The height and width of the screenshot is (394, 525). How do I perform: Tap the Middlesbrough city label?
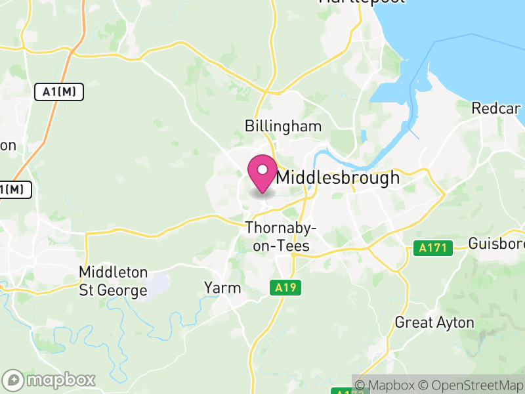pyautogui.click(x=337, y=177)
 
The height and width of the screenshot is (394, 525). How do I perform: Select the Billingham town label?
pyautogui.click(x=283, y=126)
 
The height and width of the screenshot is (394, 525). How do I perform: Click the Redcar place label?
pyautogui.click(x=496, y=108)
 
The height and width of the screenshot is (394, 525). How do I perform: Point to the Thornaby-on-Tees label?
pyautogui.click(x=281, y=236)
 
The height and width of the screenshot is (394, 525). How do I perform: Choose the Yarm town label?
pyautogui.click(x=222, y=288)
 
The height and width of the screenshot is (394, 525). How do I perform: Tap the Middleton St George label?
pyautogui.click(x=113, y=281)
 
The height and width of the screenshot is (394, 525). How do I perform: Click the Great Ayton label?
pyautogui.click(x=434, y=322)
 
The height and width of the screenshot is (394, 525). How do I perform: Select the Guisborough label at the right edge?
pyautogui.click(x=497, y=244)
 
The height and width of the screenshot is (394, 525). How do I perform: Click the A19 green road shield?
pyautogui.click(x=284, y=288)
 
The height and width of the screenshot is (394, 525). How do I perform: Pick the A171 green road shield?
pyautogui.click(x=434, y=248)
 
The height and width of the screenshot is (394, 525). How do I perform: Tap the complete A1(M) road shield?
pyautogui.click(x=59, y=93)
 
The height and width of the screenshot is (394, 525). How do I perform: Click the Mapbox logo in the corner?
pyautogui.click(x=50, y=380)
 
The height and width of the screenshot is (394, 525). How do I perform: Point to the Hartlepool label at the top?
pyautogui.click(x=351, y=2)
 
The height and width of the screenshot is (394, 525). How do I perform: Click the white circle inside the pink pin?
pyautogui.click(x=262, y=170)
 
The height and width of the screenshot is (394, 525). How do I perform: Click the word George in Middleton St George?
pyautogui.click(x=123, y=290)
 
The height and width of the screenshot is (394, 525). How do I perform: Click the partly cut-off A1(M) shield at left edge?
pyautogui.click(x=14, y=190)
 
